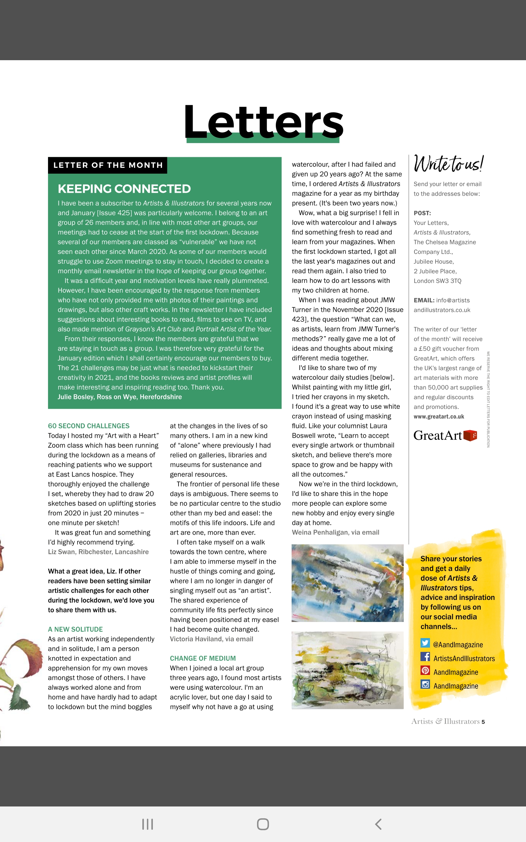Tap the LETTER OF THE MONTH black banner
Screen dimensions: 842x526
108,165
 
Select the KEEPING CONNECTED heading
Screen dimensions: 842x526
124,188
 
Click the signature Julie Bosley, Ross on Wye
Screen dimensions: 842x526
120,397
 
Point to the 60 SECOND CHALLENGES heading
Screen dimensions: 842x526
89,426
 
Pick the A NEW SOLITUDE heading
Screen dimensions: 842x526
76,630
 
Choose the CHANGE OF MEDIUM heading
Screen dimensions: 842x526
203,658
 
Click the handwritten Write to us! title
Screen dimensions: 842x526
448,163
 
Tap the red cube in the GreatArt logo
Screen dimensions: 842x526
470,435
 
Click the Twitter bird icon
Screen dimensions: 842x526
425,643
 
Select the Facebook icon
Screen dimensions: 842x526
425,657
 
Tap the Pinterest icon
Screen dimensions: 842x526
425,670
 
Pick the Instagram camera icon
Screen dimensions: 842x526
425,684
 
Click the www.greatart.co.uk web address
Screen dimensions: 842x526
439,416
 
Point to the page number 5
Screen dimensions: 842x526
483,722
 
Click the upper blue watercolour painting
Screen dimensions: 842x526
347,583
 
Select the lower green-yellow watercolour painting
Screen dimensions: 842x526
347,670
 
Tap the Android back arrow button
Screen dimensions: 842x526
378,824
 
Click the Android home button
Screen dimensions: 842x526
263,824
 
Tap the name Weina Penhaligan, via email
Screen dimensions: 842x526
335,532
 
